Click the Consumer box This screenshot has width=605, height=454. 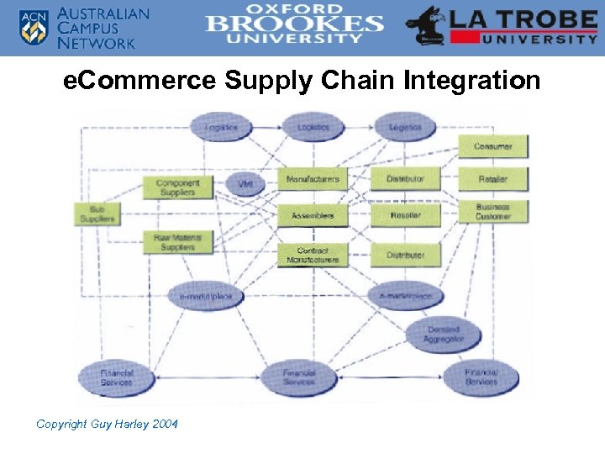493,146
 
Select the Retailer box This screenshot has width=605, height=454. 493,179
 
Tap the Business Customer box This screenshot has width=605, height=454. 493,212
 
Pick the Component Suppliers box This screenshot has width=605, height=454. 178,187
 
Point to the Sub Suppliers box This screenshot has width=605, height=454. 97,214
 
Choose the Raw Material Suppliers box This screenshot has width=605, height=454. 178,243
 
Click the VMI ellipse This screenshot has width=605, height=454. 245,183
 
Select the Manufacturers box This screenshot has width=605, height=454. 313,179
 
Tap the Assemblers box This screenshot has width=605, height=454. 313,216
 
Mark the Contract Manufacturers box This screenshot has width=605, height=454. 313,256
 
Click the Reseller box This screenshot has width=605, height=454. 405,216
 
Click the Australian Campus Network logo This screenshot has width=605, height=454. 83,27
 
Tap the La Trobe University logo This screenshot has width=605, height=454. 502,26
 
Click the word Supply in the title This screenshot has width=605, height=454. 274,82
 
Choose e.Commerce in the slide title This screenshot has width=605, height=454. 140,81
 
